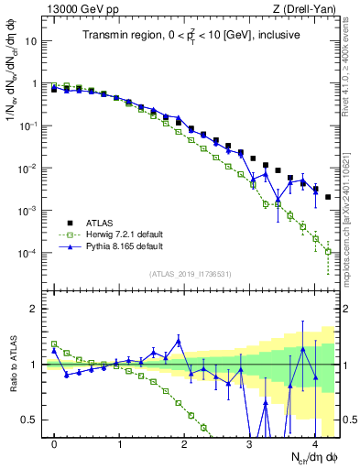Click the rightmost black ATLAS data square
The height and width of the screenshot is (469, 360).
(x=328, y=197)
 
